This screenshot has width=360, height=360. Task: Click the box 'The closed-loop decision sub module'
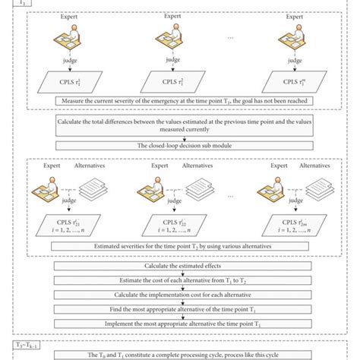pyautogui.click(x=178, y=144)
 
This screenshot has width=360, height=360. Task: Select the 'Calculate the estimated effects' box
pyautogui.click(x=178, y=267)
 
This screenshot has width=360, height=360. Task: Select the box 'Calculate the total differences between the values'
pyautogui.click(x=178, y=125)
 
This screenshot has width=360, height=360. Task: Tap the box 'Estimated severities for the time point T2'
pyautogui.click(x=178, y=247)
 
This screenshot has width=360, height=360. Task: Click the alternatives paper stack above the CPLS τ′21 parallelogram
pyautogui.click(x=93, y=187)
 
